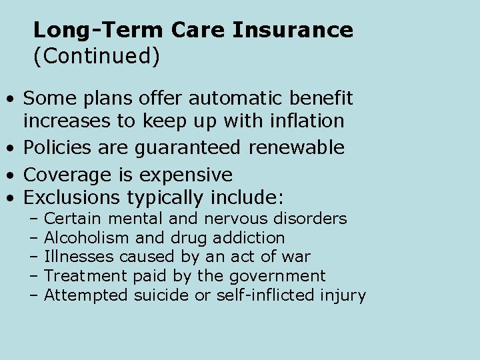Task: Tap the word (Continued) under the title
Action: [x=97, y=57]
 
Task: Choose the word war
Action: [x=297, y=257]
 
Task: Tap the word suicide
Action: [x=161, y=295]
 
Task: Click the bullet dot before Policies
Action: [x=11, y=148]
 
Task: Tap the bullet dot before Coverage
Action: [x=11, y=175]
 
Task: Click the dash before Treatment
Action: [x=34, y=276]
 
